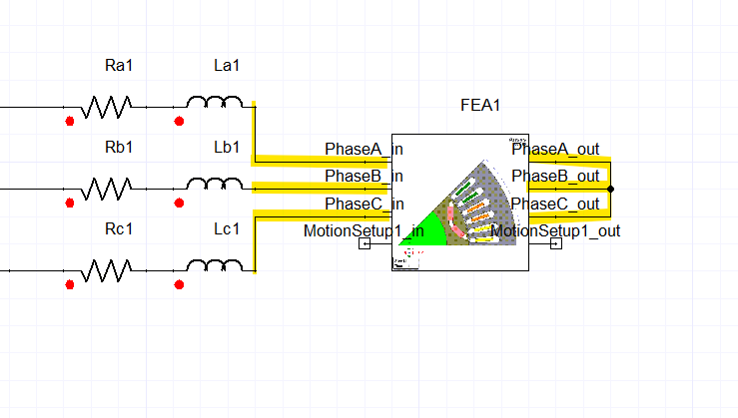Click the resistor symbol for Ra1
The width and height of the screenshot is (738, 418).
106,105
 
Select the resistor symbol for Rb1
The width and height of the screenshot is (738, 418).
106,188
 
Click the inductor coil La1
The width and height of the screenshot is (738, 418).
214,102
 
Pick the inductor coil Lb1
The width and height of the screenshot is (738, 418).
214,185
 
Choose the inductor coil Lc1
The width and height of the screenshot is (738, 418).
214,266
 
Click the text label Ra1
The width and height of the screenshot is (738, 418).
119,66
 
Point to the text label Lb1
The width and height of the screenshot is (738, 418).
228,148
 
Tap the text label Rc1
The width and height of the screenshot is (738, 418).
119,229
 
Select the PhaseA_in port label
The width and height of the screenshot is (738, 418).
364,150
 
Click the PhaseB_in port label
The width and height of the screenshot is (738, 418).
364,177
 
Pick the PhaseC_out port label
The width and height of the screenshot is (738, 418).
555,204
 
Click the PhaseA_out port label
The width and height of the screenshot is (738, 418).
555,150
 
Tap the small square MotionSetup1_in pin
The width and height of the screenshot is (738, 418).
365,245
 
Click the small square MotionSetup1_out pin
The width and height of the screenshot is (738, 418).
555,245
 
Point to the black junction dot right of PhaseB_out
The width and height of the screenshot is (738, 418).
610,188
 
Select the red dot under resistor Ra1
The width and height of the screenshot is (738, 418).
70,122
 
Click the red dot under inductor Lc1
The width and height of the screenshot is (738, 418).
179,285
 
